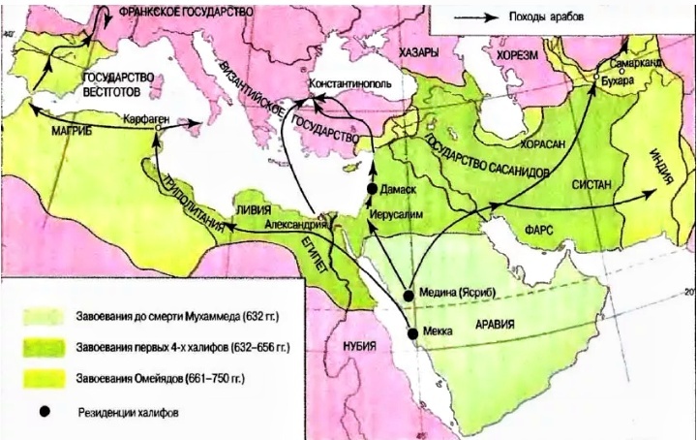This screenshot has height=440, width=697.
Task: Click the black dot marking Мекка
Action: [413, 333]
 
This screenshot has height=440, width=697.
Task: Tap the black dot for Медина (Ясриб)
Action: [408, 293]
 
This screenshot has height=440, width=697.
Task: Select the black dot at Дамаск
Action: [372, 187]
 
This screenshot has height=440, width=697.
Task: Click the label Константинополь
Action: [349, 84]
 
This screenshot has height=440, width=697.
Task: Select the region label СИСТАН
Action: [592, 181]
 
